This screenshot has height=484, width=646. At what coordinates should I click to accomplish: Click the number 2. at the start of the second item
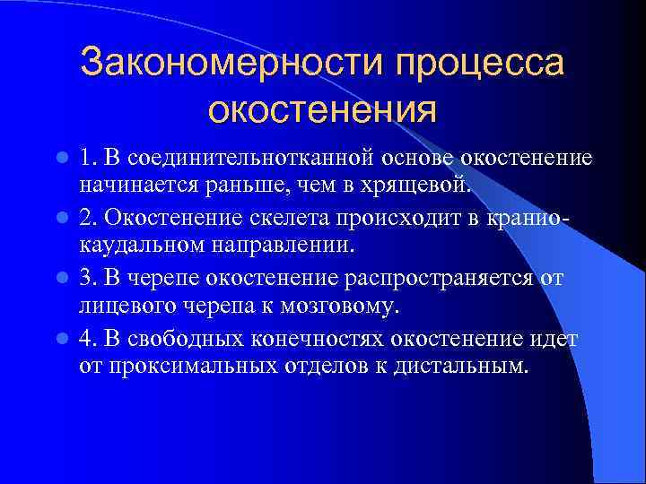coord(88,219)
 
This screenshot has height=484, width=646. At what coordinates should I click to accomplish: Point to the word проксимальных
coord(183,367)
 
